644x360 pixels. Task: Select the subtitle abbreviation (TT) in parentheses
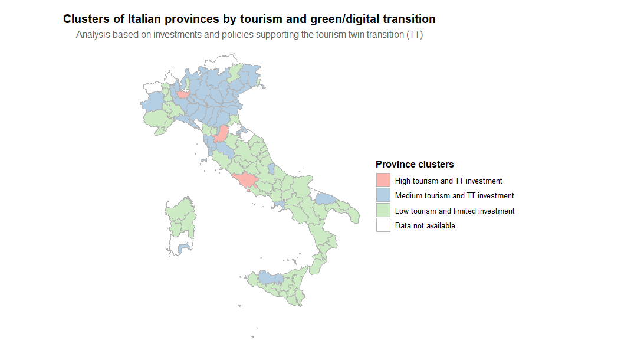click(x=415, y=35)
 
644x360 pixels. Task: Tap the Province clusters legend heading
click(x=415, y=164)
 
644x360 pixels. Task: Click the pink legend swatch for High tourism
click(x=383, y=180)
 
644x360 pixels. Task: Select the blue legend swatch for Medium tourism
click(x=383, y=195)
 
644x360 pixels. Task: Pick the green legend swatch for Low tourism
click(x=383, y=211)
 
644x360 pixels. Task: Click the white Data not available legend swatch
click(x=383, y=225)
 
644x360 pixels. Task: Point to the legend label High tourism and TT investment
click(x=448, y=181)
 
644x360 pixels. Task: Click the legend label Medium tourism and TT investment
click(x=454, y=195)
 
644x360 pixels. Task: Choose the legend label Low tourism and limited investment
click(x=455, y=211)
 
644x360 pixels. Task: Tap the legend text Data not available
click(x=425, y=225)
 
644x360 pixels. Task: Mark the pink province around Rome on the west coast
click(x=245, y=180)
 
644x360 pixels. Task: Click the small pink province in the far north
click(x=182, y=94)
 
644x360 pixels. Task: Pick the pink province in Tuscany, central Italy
click(x=222, y=134)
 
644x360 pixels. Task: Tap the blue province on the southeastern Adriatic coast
click(x=326, y=198)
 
